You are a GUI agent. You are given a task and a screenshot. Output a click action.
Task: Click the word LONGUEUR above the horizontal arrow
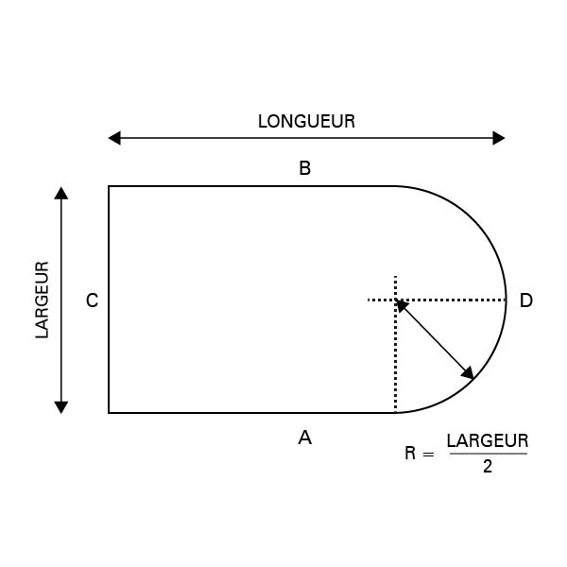tap(306, 122)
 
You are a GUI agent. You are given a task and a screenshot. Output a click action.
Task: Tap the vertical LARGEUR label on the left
tap(42, 300)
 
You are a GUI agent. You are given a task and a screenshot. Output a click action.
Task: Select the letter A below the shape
tap(305, 438)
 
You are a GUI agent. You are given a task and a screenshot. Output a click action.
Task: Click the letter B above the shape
tap(305, 168)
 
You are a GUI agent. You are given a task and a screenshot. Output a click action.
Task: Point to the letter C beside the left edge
tap(93, 301)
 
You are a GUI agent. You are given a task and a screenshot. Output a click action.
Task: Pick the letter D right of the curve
tap(526, 301)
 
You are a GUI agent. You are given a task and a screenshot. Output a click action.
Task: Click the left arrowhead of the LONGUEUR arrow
tap(114, 138)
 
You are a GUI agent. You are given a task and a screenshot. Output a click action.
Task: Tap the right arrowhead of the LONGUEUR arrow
tap(499, 138)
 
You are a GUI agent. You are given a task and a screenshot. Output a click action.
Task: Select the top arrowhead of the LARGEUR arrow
tap(61, 193)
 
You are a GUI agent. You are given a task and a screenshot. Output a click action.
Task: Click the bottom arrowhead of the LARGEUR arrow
tap(61, 407)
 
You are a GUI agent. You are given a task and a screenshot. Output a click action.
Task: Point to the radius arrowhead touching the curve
tap(468, 373)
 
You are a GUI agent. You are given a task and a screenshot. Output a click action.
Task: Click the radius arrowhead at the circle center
tap(403, 306)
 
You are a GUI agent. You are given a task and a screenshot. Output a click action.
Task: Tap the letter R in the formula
tap(410, 453)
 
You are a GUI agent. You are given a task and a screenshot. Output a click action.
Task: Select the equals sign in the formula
tap(428, 455)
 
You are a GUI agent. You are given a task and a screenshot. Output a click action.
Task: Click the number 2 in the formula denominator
tap(488, 467)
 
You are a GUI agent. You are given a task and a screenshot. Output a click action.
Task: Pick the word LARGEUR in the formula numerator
tap(488, 440)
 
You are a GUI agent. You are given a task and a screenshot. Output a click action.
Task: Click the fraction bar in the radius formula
tap(489, 454)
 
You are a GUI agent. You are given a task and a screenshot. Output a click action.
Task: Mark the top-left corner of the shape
tap(109, 186)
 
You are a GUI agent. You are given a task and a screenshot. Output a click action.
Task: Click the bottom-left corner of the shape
tap(109, 413)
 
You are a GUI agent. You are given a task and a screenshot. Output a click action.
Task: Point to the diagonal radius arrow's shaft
tap(435, 339)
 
